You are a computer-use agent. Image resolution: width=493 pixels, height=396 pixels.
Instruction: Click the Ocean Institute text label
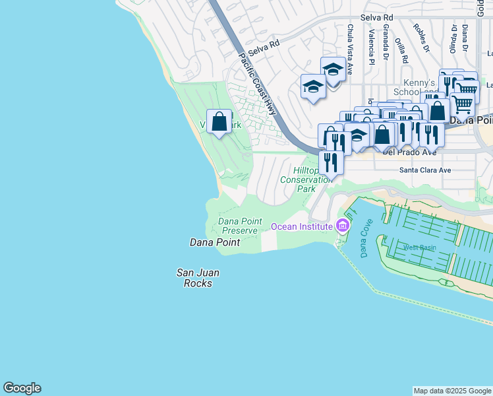pos(301,226)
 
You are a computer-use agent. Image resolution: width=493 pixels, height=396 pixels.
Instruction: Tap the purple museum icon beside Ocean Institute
pos(342,226)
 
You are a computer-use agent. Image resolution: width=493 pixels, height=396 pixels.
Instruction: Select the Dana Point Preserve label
pos(241,226)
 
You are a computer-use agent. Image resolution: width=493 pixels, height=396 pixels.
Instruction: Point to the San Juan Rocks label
pos(198,277)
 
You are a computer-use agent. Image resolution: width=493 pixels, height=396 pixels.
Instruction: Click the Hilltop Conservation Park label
pos(306,179)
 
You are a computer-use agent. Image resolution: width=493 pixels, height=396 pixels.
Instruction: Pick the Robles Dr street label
pos(420,38)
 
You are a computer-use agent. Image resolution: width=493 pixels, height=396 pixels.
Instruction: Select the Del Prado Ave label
pos(409,152)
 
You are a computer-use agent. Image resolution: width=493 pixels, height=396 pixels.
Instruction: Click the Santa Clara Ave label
pos(425,170)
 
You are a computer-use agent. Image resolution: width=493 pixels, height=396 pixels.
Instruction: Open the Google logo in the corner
pos(22,388)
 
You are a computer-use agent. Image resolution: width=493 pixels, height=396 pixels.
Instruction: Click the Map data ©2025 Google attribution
pos(451,391)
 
